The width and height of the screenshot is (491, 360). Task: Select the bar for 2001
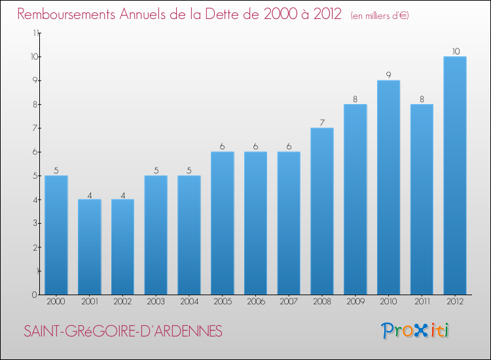point(90,247)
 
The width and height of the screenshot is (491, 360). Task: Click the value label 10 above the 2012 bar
point(455,51)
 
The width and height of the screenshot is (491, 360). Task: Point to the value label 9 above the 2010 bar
point(388,75)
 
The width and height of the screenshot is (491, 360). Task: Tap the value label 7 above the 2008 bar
point(322,122)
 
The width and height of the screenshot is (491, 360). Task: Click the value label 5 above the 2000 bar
point(56,170)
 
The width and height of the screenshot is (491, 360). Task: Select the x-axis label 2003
point(156,302)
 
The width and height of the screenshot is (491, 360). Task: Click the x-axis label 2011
point(422,302)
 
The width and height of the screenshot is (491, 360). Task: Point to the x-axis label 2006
point(255,302)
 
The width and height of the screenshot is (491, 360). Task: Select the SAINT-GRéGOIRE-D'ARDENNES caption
point(123,331)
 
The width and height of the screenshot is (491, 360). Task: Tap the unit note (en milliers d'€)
point(380,16)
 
